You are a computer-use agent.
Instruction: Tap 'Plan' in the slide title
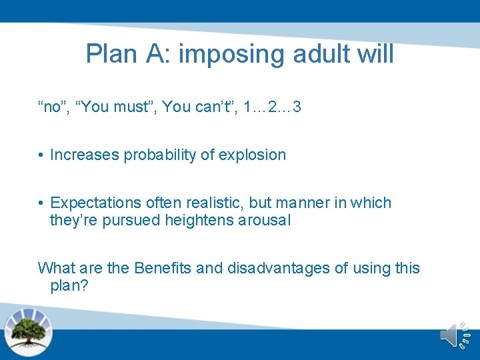(110, 54)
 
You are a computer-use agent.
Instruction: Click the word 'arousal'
(265, 221)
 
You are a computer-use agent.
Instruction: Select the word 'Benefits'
(163, 268)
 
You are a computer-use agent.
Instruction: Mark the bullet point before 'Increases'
(41, 155)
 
